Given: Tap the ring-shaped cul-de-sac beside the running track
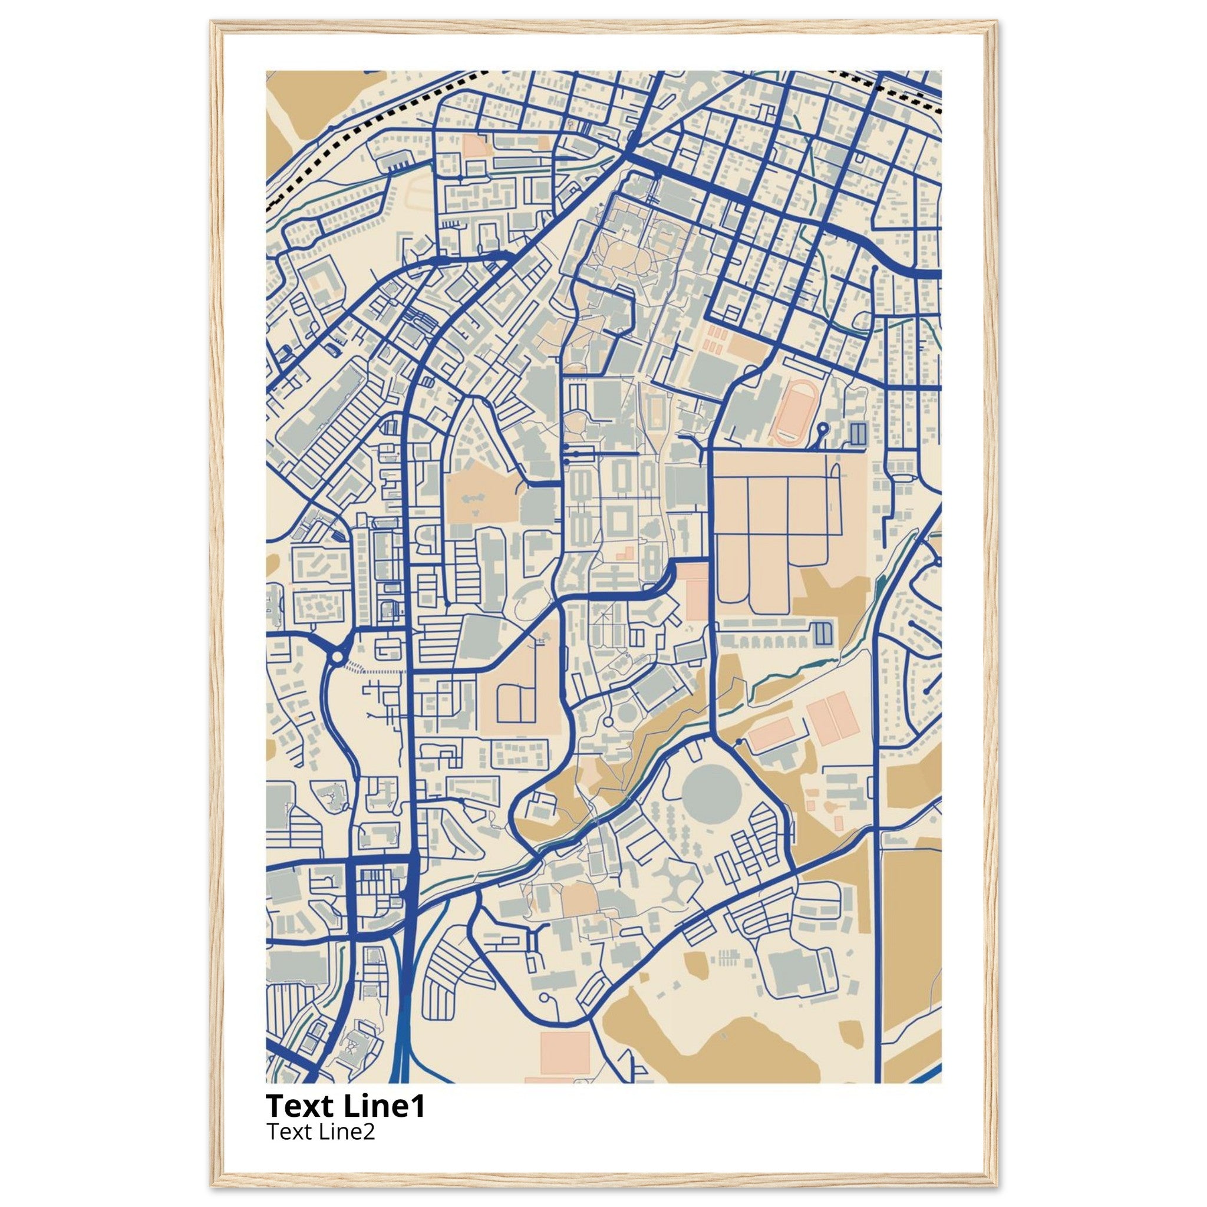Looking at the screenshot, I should click(x=823, y=428).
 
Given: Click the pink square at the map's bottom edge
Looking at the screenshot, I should click(x=565, y=1052).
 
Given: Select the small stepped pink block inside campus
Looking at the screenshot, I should click(x=625, y=552).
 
